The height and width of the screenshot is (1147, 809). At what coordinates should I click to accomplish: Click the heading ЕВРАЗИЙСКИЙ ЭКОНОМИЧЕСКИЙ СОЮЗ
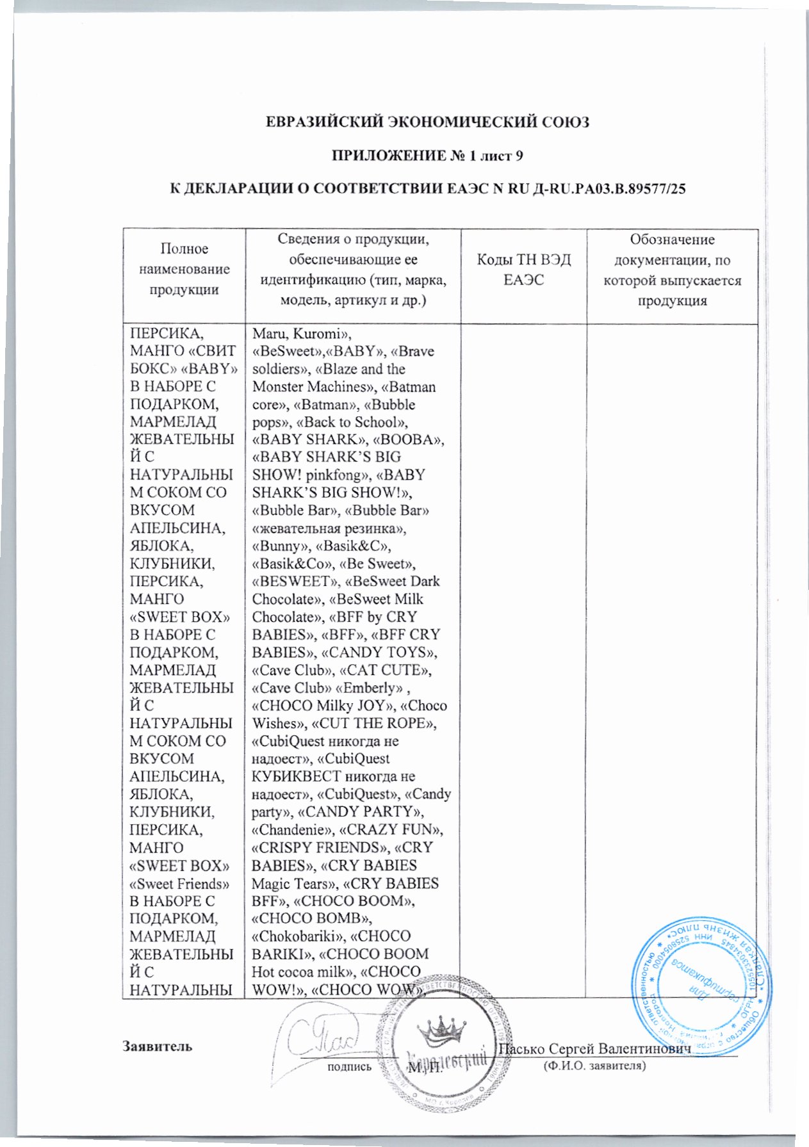point(427,122)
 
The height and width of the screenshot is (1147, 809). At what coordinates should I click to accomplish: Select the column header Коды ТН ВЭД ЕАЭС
point(523,270)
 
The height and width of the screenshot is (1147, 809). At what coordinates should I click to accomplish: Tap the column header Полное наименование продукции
point(184,270)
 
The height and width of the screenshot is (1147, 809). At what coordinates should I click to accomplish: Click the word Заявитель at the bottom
point(157,1046)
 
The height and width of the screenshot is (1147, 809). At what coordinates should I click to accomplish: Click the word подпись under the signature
point(349,1067)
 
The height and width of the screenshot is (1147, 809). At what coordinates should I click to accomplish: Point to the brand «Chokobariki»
point(298,936)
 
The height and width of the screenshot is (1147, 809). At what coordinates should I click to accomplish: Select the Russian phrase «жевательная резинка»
point(329,529)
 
